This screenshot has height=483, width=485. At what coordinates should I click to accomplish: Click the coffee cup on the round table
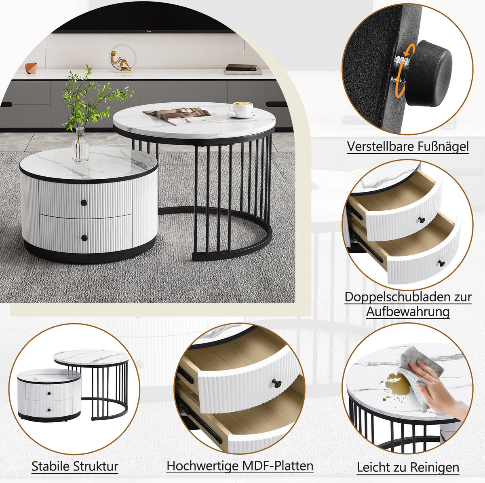241,109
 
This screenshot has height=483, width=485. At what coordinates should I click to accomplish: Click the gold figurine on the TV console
120,61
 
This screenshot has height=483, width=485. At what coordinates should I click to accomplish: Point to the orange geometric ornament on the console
31,68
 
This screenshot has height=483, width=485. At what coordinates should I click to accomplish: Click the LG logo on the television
149,32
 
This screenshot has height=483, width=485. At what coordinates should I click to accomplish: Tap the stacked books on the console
242,69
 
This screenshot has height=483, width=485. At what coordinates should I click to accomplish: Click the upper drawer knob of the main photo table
84,202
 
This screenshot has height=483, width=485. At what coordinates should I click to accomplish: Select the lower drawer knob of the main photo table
84,238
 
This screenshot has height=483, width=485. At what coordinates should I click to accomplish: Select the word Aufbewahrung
408,311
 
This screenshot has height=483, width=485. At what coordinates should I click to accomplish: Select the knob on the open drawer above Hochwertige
276,383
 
